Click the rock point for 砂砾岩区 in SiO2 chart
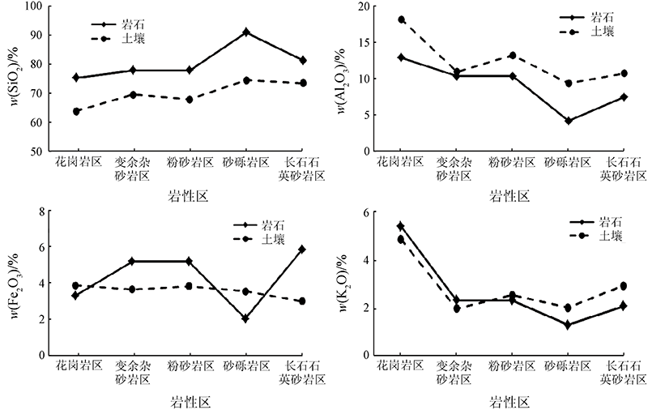(245, 32)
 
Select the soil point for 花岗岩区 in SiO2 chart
(77, 111)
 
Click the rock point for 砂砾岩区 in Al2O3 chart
(569, 121)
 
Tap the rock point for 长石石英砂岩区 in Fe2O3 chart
(301, 250)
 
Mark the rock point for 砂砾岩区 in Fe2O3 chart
(245, 318)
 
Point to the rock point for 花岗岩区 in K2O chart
(401, 225)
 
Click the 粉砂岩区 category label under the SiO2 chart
(190, 162)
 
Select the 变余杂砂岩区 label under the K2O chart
(457, 373)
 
